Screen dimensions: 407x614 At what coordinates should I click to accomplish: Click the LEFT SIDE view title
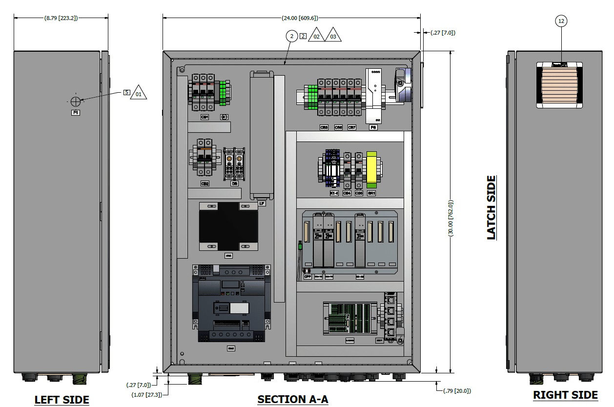pos(61,400)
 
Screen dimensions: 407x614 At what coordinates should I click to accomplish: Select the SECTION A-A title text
pos(293,399)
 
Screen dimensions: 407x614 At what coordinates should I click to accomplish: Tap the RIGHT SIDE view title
pos(565,395)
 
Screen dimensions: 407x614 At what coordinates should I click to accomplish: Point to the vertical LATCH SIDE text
pos(491,207)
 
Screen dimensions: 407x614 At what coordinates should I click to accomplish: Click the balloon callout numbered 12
pos(561,21)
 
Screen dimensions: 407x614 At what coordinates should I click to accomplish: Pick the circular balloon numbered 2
pos(291,36)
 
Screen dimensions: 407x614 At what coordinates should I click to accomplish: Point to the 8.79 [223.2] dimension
pos(61,18)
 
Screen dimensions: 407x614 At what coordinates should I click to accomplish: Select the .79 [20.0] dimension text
pos(457,390)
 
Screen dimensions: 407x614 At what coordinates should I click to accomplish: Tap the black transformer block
pos(228,226)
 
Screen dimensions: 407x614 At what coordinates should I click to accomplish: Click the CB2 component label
pos(205,183)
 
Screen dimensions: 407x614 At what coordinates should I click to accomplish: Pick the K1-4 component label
pos(334,193)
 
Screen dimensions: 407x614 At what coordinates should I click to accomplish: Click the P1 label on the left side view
pos(76,112)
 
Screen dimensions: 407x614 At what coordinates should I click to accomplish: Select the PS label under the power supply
pos(373,127)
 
